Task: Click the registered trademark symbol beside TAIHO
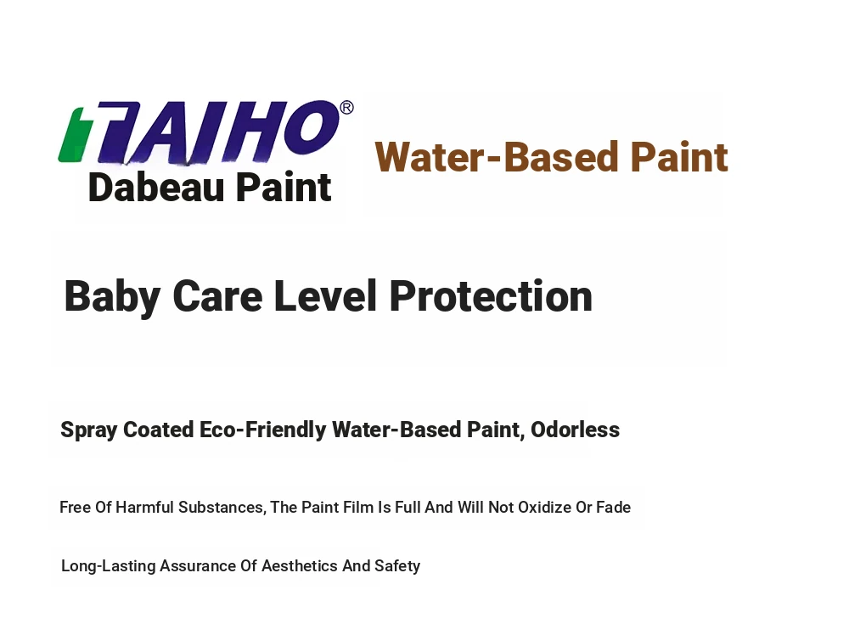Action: click(x=346, y=107)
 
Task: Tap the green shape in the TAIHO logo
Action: click(x=70, y=135)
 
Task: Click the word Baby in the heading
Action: click(x=112, y=296)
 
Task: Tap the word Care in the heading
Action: click(x=217, y=296)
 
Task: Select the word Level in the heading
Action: click(x=325, y=295)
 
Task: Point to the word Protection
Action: click(x=491, y=295)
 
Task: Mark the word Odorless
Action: click(x=575, y=430)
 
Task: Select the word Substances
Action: click(x=222, y=508)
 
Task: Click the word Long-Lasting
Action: click(x=109, y=566)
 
